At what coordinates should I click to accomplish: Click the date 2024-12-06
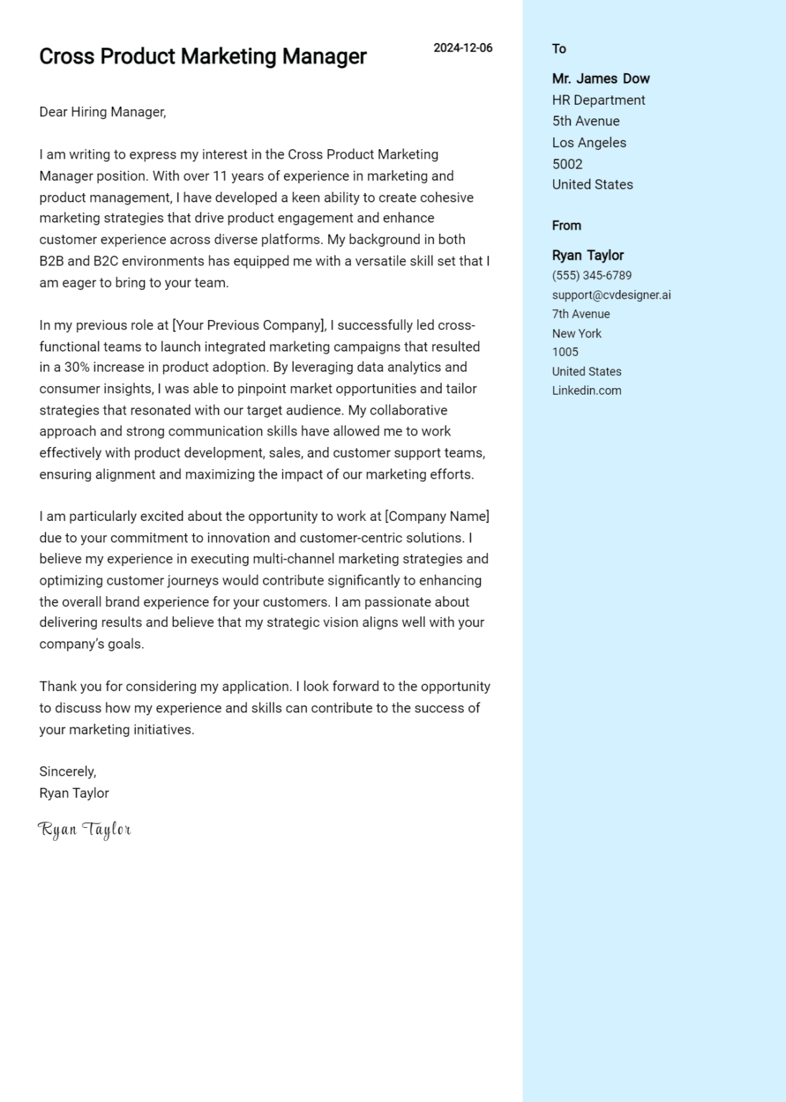[463, 48]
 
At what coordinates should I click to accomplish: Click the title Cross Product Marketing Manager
[202, 57]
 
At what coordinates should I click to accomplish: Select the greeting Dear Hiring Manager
[103, 112]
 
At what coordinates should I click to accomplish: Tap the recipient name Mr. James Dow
[601, 79]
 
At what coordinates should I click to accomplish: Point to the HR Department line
[599, 100]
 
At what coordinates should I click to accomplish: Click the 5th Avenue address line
[586, 121]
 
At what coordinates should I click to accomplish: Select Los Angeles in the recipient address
[589, 143]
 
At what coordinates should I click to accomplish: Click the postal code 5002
[567, 164]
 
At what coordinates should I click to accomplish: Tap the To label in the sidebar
[559, 49]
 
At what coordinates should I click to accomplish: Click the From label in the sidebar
[566, 226]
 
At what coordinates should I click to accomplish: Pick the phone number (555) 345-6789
[591, 275]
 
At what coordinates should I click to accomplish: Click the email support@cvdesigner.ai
[611, 295]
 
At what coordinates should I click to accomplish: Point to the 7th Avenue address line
[581, 314]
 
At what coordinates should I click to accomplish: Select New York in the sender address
[576, 334]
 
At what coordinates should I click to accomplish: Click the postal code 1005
[565, 352]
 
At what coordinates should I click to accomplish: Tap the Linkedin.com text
[586, 391]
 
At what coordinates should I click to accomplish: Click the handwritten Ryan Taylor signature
[85, 830]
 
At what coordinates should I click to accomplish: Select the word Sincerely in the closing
[67, 772]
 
